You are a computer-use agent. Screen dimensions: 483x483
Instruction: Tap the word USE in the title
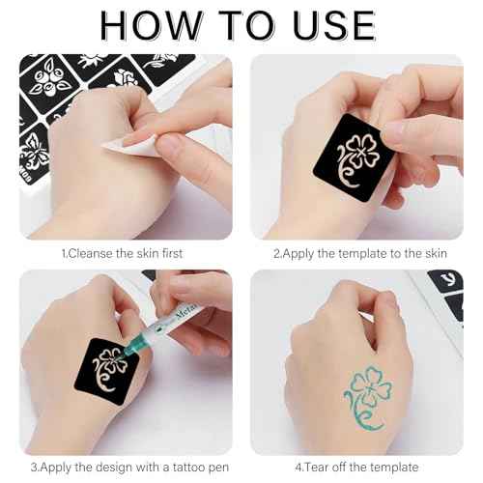pos(329,25)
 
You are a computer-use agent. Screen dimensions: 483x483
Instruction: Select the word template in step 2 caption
pos(362,253)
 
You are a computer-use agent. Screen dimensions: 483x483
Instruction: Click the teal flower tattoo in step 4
pos(365,390)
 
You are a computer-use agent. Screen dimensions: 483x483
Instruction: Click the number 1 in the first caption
pos(64,253)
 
